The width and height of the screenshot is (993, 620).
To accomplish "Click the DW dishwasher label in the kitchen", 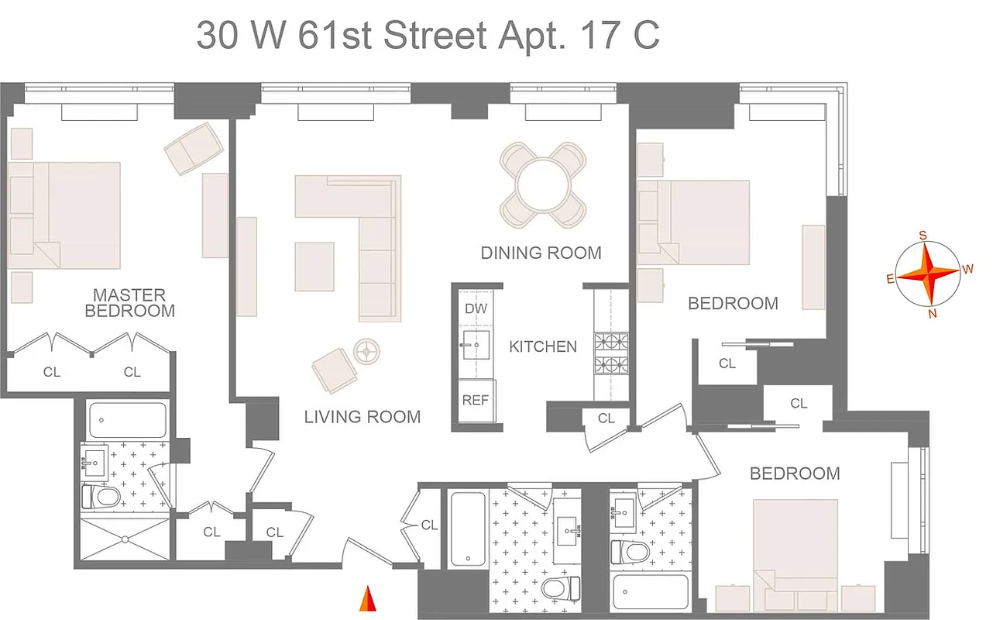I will (x=476, y=308).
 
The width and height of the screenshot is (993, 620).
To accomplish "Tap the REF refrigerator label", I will (x=476, y=401).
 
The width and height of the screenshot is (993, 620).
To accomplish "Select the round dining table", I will (x=543, y=185).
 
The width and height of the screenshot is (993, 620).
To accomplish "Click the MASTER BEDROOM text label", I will (x=129, y=303).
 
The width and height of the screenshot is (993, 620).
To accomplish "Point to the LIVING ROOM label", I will (x=362, y=417).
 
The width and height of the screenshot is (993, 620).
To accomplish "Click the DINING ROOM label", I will (x=541, y=253).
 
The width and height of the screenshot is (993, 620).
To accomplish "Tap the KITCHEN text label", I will (x=542, y=346).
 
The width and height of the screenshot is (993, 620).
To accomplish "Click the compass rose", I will (x=928, y=274).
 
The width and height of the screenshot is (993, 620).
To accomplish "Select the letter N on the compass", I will (x=933, y=313).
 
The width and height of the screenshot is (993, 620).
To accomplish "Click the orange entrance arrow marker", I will (x=369, y=599).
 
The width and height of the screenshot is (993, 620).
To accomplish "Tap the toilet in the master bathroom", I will (x=101, y=495).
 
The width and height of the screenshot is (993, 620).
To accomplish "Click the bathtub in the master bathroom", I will (x=127, y=420).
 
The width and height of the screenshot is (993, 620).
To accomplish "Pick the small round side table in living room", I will (x=365, y=351).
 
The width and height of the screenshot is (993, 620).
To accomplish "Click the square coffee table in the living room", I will (x=314, y=267).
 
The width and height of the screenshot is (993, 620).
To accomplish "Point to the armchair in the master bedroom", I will (x=194, y=148).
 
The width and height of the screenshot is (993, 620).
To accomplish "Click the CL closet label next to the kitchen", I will (x=606, y=418).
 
